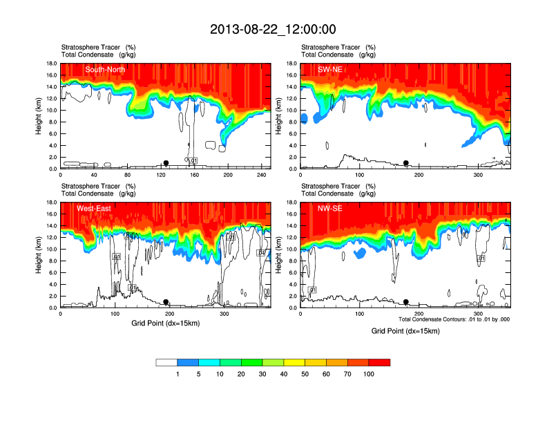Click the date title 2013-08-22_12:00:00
(273, 29)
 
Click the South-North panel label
(104, 69)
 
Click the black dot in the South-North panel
(166, 163)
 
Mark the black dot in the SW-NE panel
(406, 163)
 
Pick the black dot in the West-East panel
(166, 302)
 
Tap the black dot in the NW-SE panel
(406, 302)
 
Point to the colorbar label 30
(262, 374)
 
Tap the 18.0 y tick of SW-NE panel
(291, 64)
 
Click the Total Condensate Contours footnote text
(454, 319)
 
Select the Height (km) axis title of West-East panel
(39, 255)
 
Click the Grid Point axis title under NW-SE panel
(405, 331)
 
